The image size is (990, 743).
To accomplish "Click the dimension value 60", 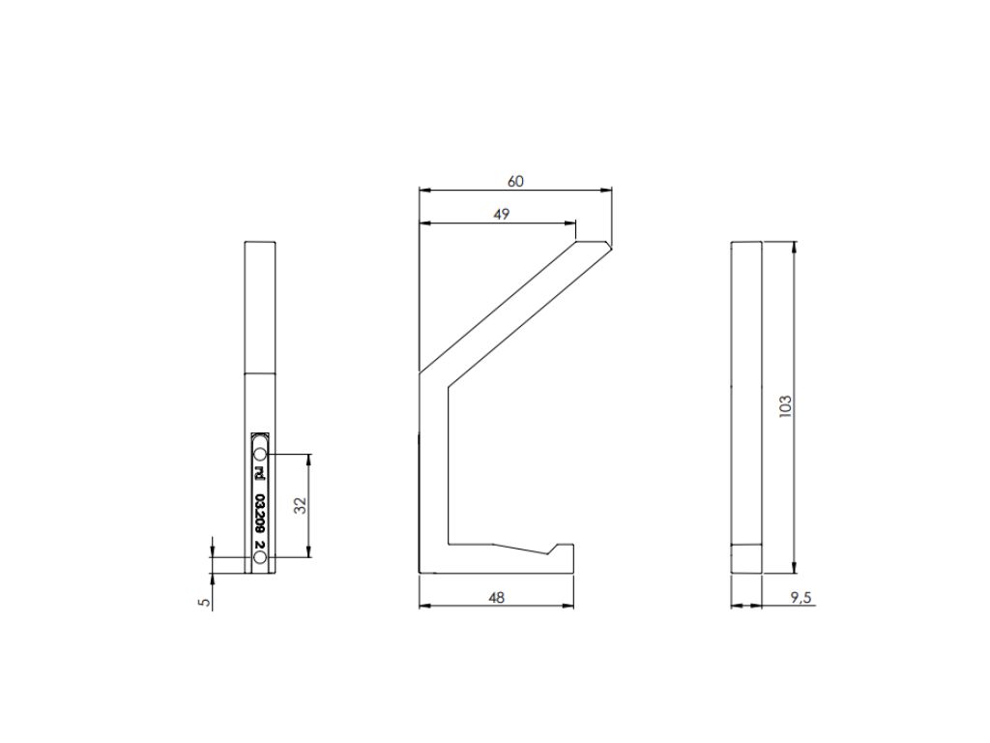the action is [515, 181].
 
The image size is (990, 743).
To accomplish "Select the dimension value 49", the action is [501, 214].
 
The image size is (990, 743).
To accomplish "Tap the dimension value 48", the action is [497, 597].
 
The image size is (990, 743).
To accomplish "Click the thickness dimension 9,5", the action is [800, 598].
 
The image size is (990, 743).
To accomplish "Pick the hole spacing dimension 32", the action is [301, 505].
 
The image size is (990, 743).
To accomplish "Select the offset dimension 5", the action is [204, 602].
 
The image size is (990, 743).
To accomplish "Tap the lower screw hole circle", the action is [259, 557].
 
